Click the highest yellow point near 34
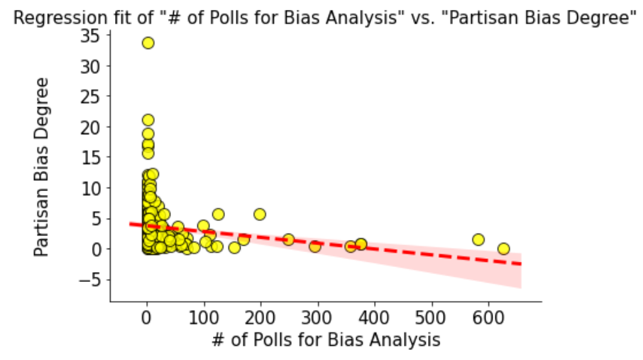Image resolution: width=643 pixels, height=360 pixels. tap(148, 43)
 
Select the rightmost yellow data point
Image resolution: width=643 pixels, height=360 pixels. tap(504, 249)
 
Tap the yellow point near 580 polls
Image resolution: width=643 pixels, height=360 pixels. tap(478, 240)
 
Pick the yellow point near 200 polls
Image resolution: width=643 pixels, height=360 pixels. tap(260, 214)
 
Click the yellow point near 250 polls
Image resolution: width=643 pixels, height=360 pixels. tap(288, 240)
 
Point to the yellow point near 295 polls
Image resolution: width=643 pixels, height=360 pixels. tap(315, 246)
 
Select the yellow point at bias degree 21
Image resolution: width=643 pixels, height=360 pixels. tap(148, 120)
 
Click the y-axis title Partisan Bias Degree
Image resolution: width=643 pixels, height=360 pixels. tap(43, 167)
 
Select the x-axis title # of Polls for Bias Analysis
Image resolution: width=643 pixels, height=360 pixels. tap(326, 340)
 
